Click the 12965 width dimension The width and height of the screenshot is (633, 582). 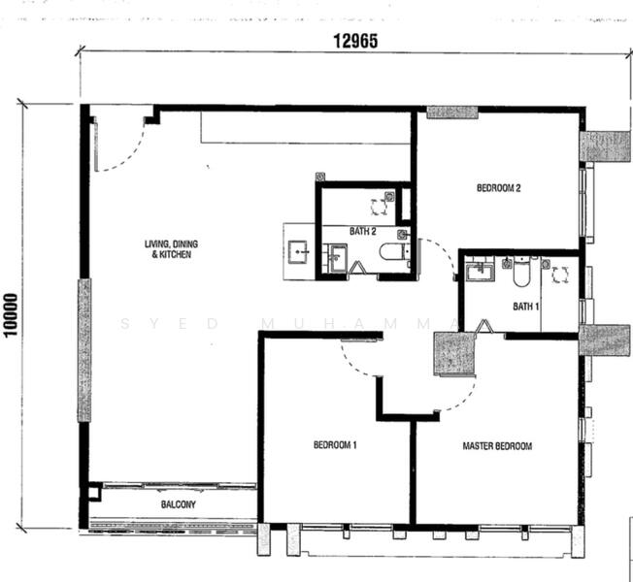355,41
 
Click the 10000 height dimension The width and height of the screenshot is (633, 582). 11,314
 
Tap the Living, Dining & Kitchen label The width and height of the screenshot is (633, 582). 171,249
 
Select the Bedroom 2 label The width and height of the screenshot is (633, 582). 499,188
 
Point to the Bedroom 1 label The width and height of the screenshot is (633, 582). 335,445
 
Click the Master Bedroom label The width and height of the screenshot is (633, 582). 497,446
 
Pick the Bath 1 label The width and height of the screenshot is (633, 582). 525,307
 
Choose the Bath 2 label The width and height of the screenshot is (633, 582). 362,231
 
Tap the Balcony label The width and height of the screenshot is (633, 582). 178,504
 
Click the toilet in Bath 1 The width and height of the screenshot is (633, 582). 521,273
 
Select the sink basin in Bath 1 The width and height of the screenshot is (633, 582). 481,272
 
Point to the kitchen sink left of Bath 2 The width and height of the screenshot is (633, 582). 297,252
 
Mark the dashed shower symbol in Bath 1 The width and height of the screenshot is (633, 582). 560,275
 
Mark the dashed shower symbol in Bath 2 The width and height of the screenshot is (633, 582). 379,207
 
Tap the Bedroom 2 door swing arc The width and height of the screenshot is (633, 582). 444,251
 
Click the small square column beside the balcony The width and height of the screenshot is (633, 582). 94,492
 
